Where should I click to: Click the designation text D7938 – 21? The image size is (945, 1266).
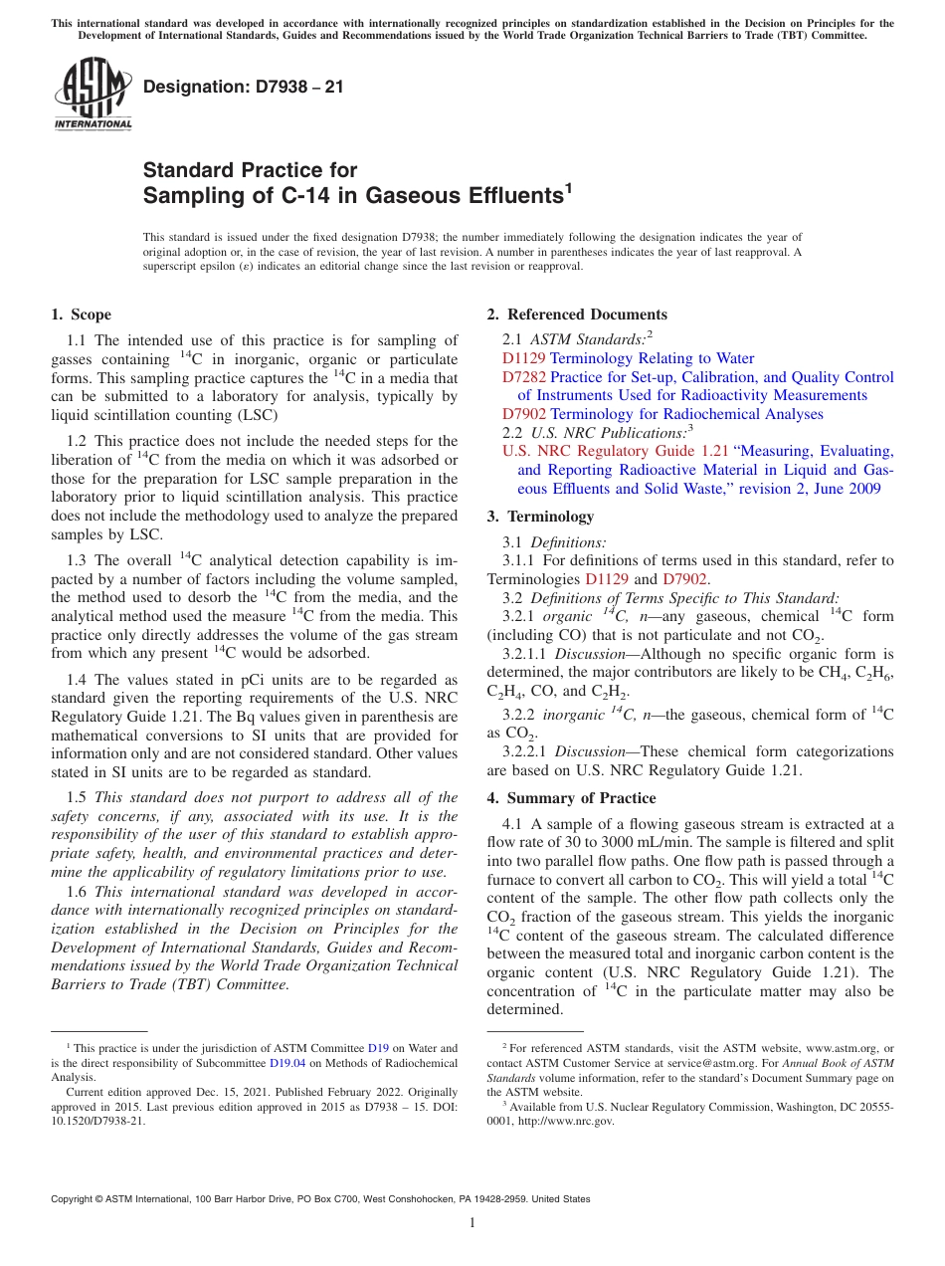(x=244, y=87)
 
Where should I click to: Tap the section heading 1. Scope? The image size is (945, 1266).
(x=82, y=315)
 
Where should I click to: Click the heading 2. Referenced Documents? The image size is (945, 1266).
(x=577, y=315)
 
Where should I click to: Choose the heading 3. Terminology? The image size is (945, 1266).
(x=540, y=517)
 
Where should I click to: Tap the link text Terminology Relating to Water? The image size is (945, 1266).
(x=652, y=358)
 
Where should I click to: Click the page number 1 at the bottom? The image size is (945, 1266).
(x=472, y=1222)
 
